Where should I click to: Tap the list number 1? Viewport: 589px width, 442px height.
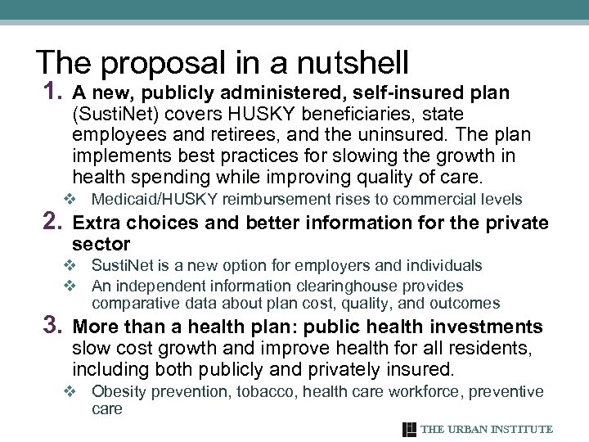tap(48, 92)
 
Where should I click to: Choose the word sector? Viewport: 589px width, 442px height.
tap(101, 244)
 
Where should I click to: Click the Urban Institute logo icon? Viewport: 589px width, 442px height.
tap(409, 429)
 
